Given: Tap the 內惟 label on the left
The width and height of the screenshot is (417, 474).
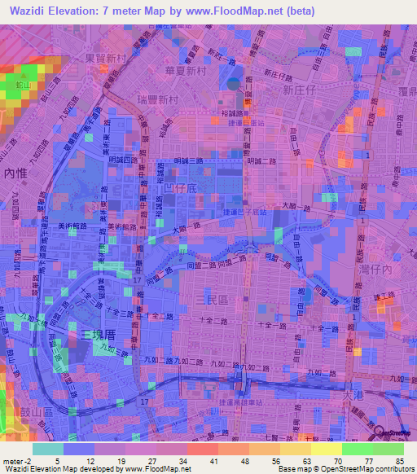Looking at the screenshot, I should point(15,173).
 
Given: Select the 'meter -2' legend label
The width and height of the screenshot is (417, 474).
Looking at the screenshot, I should point(14,461).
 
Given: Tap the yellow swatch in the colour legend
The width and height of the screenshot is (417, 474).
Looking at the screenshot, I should point(327,449).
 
